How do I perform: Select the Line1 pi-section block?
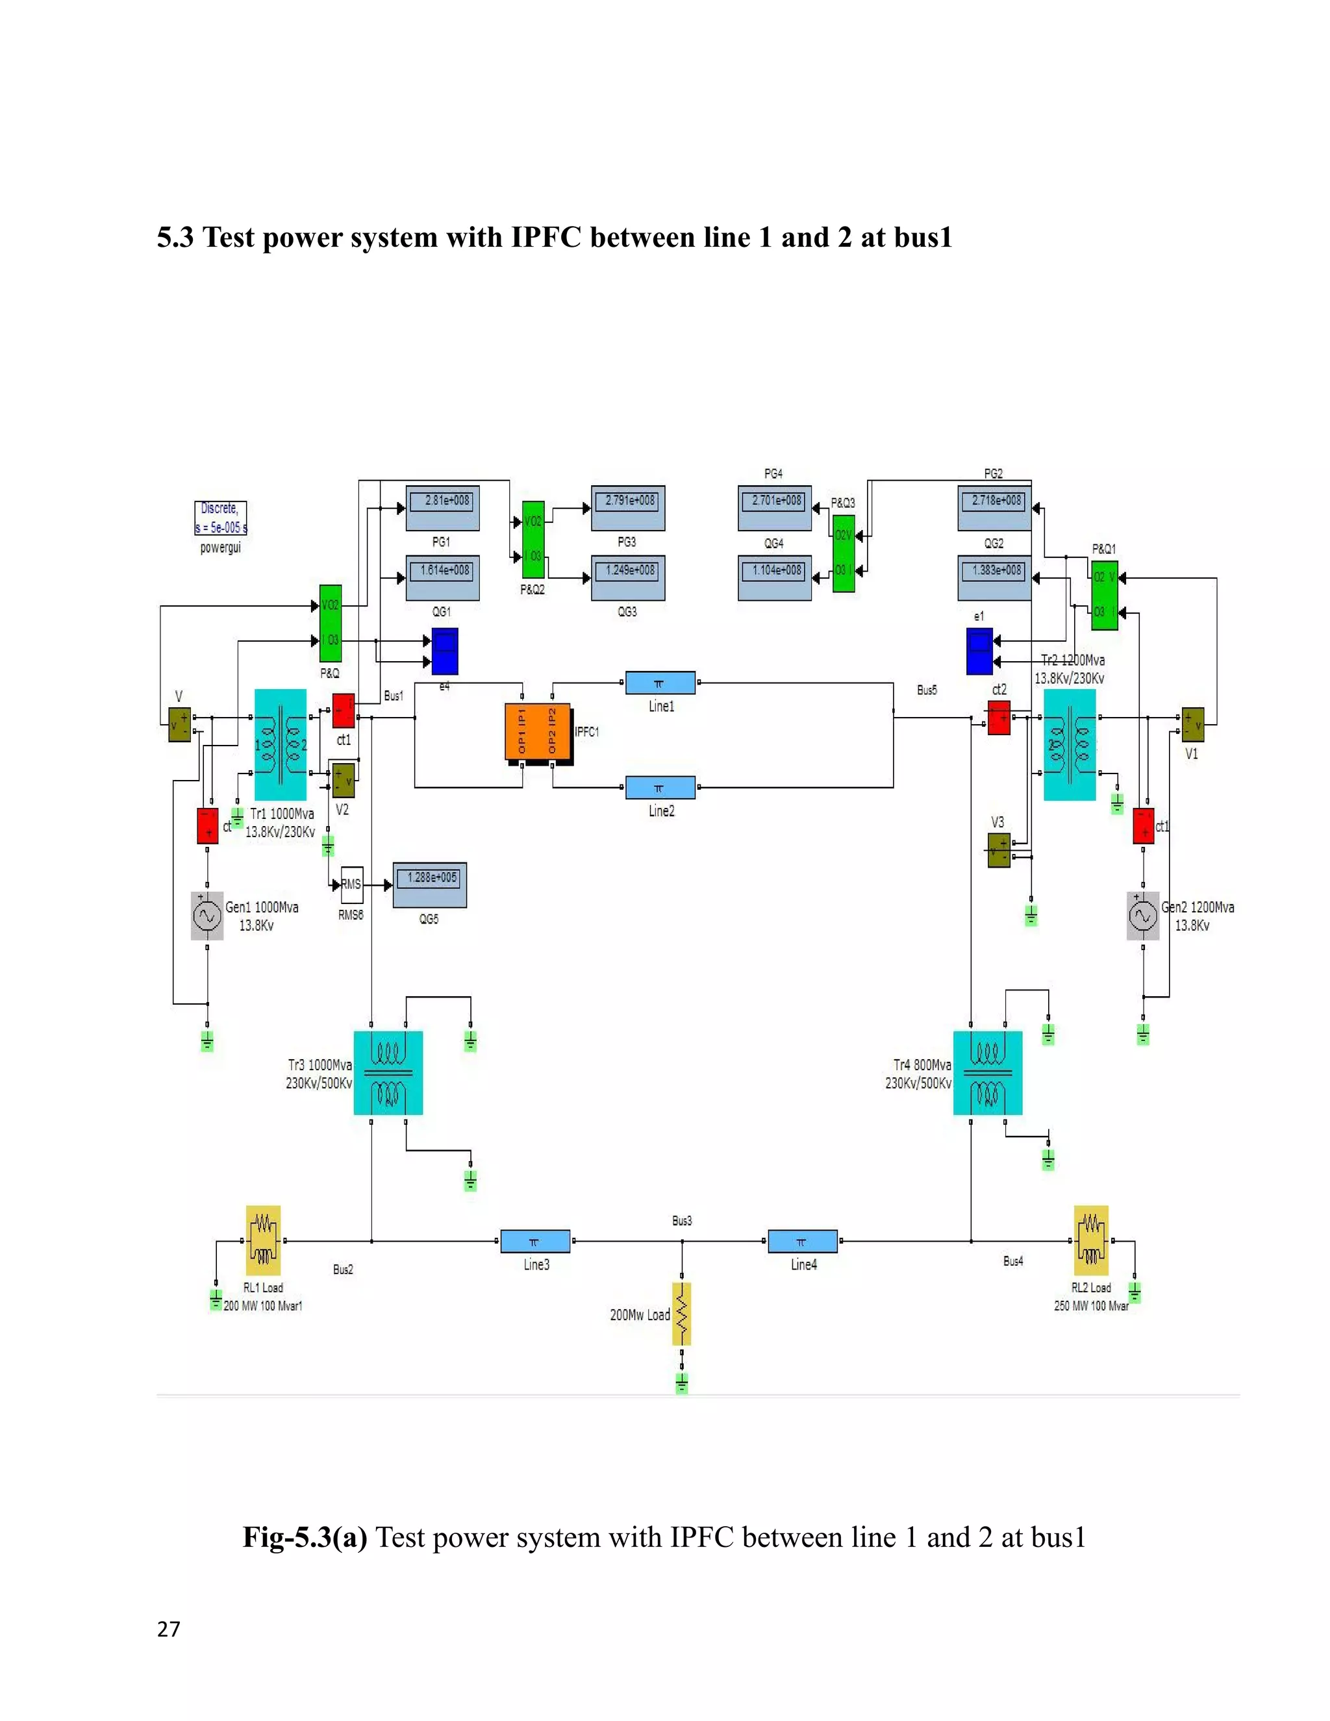(x=660, y=683)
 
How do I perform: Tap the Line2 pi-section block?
(x=660, y=787)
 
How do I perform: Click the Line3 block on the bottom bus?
(x=535, y=1241)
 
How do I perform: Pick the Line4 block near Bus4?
(x=802, y=1241)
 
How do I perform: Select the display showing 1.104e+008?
(x=775, y=577)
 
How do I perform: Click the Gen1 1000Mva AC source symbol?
(x=207, y=916)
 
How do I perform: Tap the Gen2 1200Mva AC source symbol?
(x=1142, y=916)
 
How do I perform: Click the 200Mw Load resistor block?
(x=681, y=1314)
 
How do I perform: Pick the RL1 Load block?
(x=263, y=1240)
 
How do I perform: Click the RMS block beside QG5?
(x=351, y=885)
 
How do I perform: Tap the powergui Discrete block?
(x=221, y=518)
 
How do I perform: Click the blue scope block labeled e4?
(x=445, y=651)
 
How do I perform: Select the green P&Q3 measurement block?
(x=844, y=553)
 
